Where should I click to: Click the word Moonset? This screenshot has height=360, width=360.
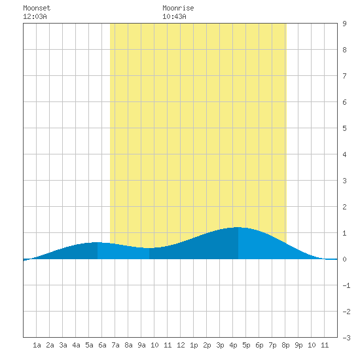click(x=37, y=8)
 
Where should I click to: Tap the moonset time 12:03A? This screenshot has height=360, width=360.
click(x=35, y=16)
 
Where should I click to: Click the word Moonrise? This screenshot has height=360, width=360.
click(x=178, y=8)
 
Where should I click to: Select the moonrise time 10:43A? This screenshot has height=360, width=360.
click(x=174, y=16)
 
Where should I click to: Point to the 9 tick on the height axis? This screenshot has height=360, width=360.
click(x=344, y=24)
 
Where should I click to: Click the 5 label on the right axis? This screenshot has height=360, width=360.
click(x=344, y=128)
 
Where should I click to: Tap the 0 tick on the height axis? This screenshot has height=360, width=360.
click(x=344, y=259)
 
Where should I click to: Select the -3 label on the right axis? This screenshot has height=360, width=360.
click(x=346, y=338)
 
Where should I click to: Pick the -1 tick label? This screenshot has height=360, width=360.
click(x=346, y=285)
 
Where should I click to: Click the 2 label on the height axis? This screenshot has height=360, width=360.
click(x=344, y=207)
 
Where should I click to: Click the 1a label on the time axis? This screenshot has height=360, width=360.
click(x=37, y=345)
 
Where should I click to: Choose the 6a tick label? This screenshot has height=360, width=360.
click(x=102, y=345)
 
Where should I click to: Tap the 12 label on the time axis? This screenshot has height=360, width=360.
click(x=181, y=345)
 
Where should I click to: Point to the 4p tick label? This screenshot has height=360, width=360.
click(x=233, y=345)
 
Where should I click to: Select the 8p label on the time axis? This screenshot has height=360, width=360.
click(x=285, y=345)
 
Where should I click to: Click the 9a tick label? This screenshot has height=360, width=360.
click(x=141, y=345)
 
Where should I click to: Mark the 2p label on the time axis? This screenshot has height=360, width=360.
click(x=207, y=345)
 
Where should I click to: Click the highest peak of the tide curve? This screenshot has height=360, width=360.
click(x=238, y=227)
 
